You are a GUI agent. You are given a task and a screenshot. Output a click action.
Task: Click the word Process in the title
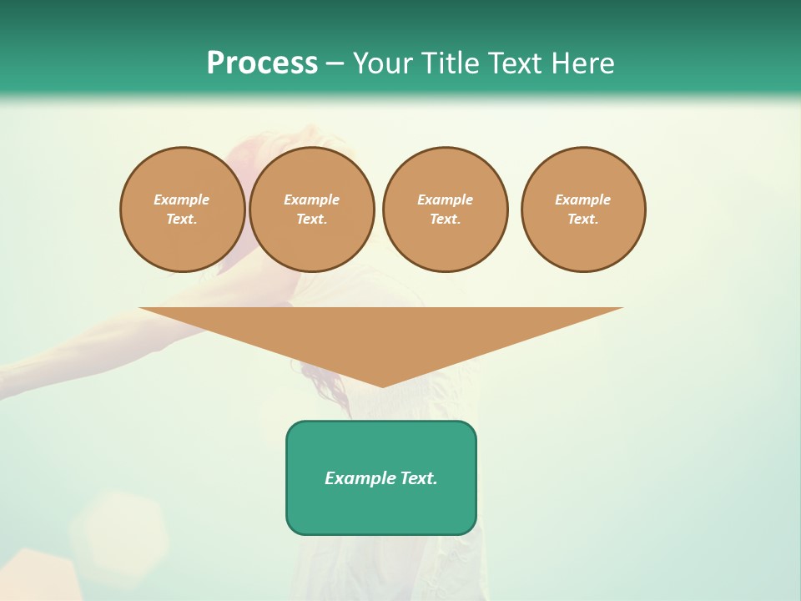[262, 63]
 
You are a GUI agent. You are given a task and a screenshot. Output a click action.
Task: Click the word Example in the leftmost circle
[182, 199]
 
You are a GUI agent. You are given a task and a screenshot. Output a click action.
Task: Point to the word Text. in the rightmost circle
[582, 219]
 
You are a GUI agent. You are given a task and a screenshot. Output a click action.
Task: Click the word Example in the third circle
[445, 199]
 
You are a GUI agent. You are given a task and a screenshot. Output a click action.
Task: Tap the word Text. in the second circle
[311, 219]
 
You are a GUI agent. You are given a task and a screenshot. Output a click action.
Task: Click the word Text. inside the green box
[418, 478]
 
